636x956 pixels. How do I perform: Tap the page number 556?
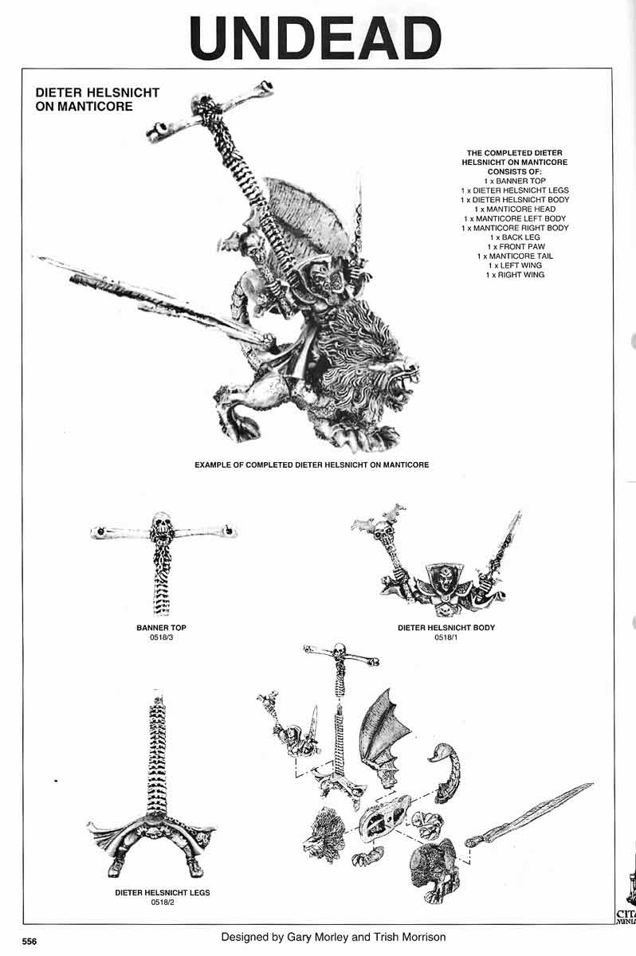(x=29, y=940)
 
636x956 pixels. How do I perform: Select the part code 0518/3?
(x=162, y=638)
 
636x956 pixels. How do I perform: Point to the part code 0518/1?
(x=446, y=638)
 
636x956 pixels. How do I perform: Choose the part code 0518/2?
(x=162, y=903)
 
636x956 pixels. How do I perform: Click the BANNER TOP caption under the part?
(x=162, y=628)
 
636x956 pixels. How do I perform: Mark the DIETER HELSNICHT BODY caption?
(x=446, y=628)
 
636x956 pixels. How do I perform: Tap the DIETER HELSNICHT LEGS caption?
(x=162, y=893)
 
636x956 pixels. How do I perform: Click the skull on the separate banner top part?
(x=163, y=520)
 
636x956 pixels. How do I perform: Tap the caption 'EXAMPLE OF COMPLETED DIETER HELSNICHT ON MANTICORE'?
(x=312, y=464)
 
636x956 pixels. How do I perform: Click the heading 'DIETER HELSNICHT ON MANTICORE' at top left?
(x=97, y=99)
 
